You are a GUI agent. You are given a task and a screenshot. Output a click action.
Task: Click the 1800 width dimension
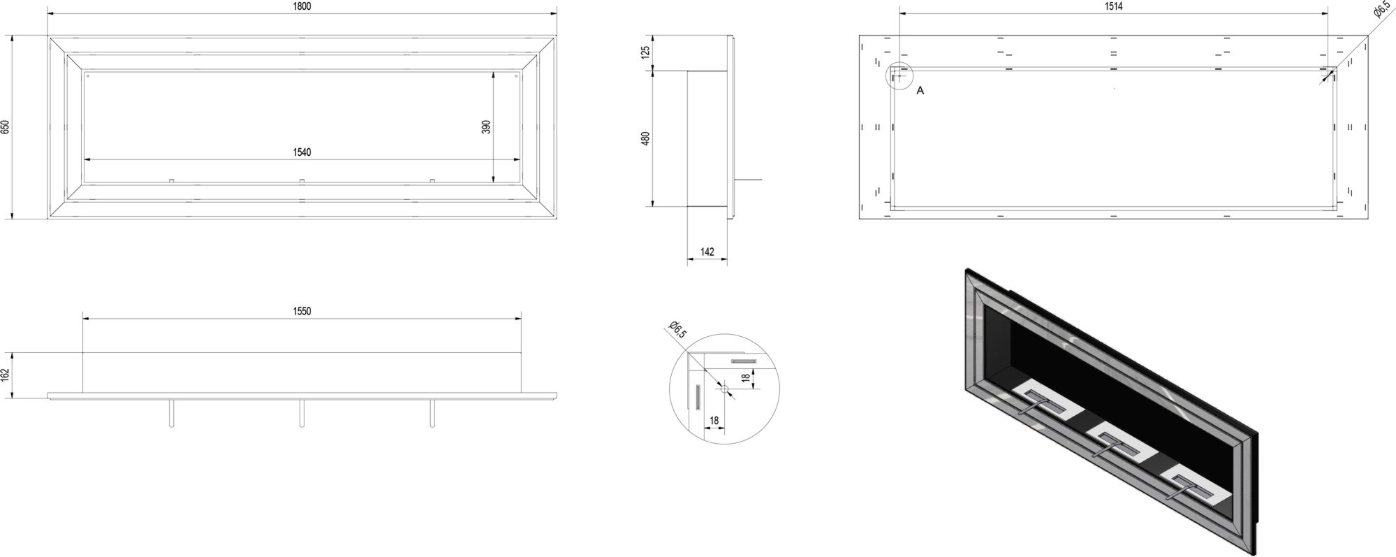click(302, 6)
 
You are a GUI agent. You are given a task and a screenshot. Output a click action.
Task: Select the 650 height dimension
click(6, 127)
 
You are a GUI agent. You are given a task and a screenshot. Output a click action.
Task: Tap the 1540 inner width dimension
click(302, 152)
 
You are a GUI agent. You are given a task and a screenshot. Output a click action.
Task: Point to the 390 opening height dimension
click(487, 126)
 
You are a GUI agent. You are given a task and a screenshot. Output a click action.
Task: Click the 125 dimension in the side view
click(645, 52)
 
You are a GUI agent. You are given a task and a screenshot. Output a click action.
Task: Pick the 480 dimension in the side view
click(645, 138)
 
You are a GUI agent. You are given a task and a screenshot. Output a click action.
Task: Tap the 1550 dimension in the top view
click(302, 312)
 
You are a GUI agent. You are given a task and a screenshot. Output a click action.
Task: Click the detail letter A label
click(920, 91)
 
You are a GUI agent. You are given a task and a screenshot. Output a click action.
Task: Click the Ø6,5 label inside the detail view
click(677, 329)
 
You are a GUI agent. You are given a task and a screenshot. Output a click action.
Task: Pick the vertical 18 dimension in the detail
click(745, 377)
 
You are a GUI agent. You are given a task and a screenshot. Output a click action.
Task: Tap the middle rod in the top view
click(302, 412)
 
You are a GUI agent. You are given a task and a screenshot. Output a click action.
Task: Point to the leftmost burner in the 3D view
click(1044, 404)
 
